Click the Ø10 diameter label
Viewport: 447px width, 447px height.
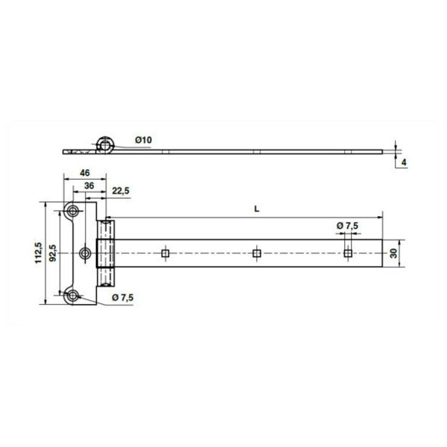click(x=143, y=140)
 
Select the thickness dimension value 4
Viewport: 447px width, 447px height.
click(x=404, y=162)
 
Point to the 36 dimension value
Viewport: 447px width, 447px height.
click(x=89, y=186)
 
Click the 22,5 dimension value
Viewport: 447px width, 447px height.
click(x=121, y=191)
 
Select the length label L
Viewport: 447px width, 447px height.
click(x=256, y=209)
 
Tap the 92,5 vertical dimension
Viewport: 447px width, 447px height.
click(x=53, y=253)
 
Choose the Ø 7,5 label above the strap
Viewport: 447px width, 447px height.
click(x=347, y=225)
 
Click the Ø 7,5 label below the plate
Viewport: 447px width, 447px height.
click(x=123, y=298)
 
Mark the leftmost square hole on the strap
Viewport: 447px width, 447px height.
click(x=165, y=254)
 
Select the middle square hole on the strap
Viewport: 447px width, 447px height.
click(x=256, y=254)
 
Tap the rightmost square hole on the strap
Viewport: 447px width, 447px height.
click(x=348, y=254)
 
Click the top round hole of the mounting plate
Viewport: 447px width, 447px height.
click(x=73, y=211)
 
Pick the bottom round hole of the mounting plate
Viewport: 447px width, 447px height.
click(x=73, y=297)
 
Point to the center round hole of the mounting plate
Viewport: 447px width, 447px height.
click(x=86, y=254)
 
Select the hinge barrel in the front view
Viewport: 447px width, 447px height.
click(x=107, y=254)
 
